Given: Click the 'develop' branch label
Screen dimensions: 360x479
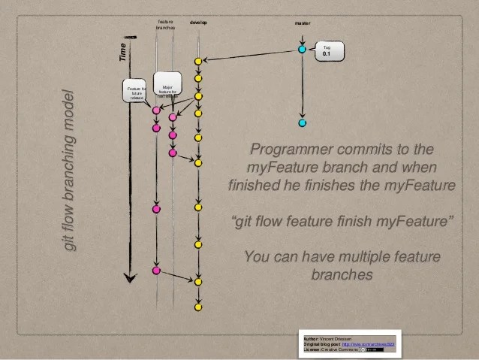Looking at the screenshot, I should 198,23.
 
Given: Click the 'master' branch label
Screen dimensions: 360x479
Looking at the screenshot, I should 303,23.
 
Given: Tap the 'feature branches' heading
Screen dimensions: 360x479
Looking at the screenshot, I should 165,25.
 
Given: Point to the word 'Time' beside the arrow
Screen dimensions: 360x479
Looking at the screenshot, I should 122,52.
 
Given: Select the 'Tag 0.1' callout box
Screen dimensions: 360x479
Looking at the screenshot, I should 329,51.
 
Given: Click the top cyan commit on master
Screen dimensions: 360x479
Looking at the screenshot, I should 302,49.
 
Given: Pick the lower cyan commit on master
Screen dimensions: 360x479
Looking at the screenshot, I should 302,123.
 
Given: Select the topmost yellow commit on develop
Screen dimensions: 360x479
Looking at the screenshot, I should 198,61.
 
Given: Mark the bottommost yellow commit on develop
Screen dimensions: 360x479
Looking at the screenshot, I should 198,307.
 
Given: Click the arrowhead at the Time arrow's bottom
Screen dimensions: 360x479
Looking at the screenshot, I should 131,278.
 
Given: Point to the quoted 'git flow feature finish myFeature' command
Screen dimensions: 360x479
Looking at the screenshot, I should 342,222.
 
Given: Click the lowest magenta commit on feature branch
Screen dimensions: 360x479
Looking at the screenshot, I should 156,270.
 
